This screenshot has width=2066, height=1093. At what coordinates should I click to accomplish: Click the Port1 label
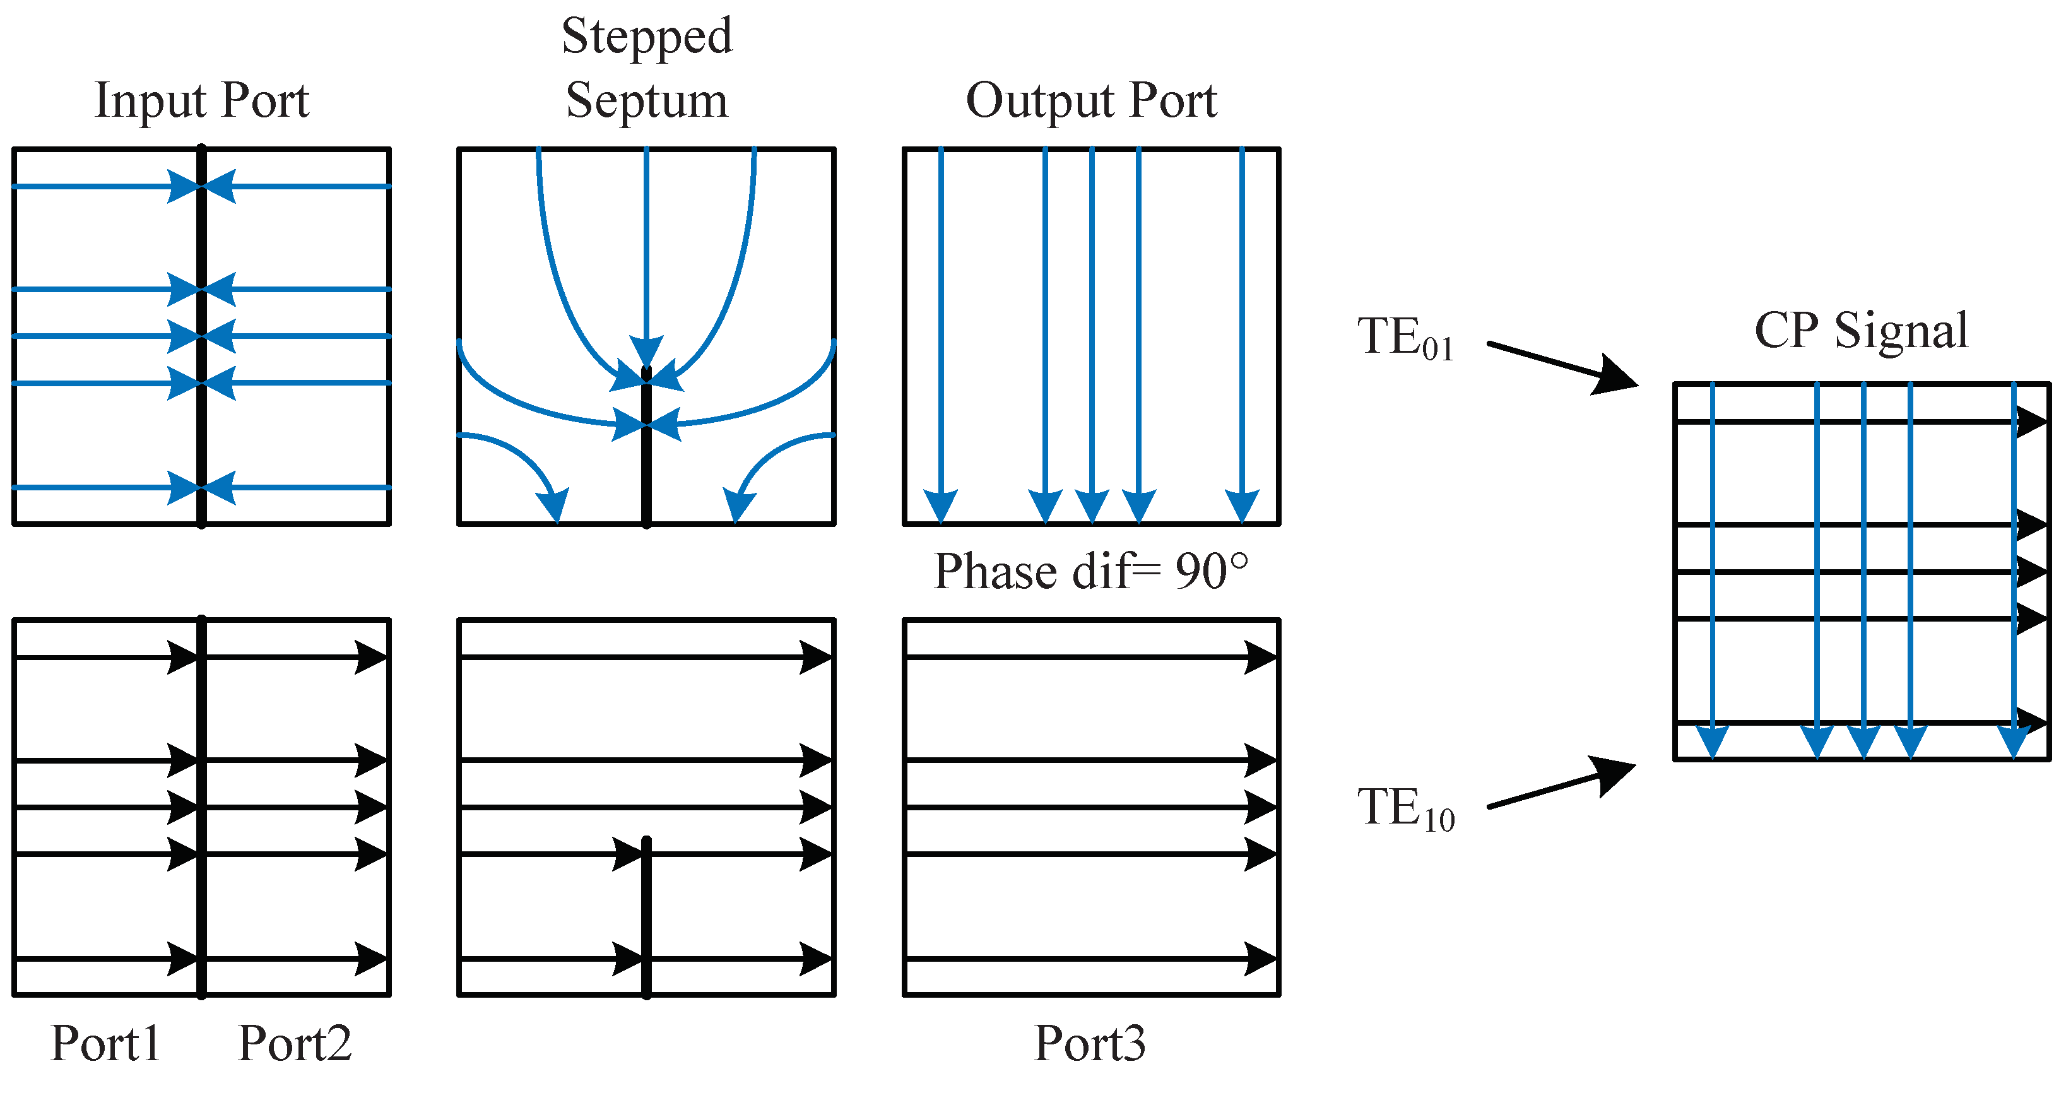click(105, 1043)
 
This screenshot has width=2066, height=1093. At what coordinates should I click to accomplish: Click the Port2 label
click(294, 1043)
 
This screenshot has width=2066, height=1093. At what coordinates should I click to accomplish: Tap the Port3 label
click(1089, 1043)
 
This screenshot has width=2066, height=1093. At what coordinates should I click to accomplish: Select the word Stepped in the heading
click(646, 37)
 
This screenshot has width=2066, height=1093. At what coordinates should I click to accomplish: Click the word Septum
click(646, 101)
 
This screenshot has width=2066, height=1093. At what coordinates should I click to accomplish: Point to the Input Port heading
click(201, 101)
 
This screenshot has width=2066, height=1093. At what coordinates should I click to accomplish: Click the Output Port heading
click(1091, 101)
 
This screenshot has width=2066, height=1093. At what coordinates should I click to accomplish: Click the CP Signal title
click(1861, 331)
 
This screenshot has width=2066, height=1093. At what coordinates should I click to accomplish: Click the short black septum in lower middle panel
click(646, 918)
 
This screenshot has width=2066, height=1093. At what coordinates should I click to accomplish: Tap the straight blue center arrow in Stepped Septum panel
click(646, 257)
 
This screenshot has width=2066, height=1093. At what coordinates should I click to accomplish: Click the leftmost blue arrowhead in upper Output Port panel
click(941, 505)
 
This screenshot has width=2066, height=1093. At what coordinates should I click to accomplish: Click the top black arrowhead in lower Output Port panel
click(1259, 658)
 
